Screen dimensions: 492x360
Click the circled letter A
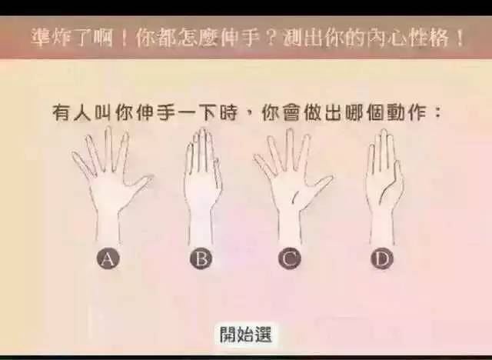click(108, 258)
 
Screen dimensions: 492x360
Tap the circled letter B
click(201, 258)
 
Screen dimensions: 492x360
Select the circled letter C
click(290, 258)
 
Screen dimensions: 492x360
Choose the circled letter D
click(382, 258)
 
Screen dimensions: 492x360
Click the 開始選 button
click(246, 334)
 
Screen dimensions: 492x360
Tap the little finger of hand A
click(82, 163)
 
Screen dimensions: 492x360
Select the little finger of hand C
click(264, 165)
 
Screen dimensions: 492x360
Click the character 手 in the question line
click(165, 112)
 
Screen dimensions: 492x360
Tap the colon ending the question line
click(436, 112)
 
